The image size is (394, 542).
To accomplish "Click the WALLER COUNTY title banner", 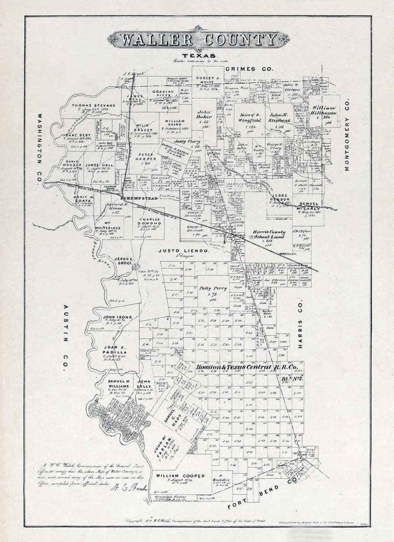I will coord(198,40).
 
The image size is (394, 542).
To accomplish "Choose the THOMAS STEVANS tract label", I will coord(93,106).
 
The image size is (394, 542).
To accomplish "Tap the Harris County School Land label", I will coord(268,234).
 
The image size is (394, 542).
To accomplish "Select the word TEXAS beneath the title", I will coord(199,56).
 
